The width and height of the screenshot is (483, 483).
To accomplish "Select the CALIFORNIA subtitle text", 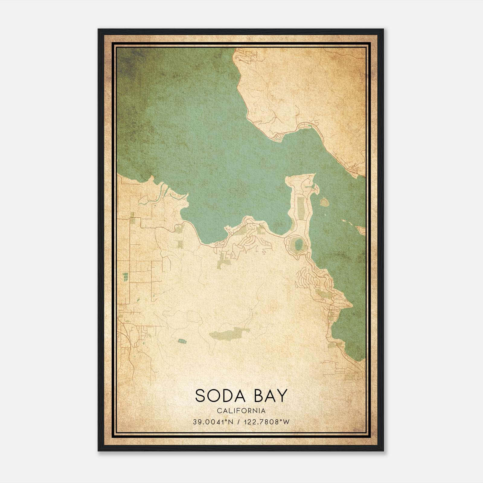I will point(241,411).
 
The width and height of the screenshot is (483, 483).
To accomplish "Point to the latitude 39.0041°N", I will point(213,422).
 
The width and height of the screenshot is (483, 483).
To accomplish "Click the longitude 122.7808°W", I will point(266,422).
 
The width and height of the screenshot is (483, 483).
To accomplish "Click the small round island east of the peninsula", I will point(324,202).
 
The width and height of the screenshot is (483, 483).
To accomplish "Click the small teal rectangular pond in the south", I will point(182,341).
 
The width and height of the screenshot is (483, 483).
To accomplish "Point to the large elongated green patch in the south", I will point(229,333).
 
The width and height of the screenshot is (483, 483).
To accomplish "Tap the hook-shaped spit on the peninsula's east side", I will point(315,189).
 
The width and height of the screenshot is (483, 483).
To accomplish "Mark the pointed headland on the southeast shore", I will point(351,305).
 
